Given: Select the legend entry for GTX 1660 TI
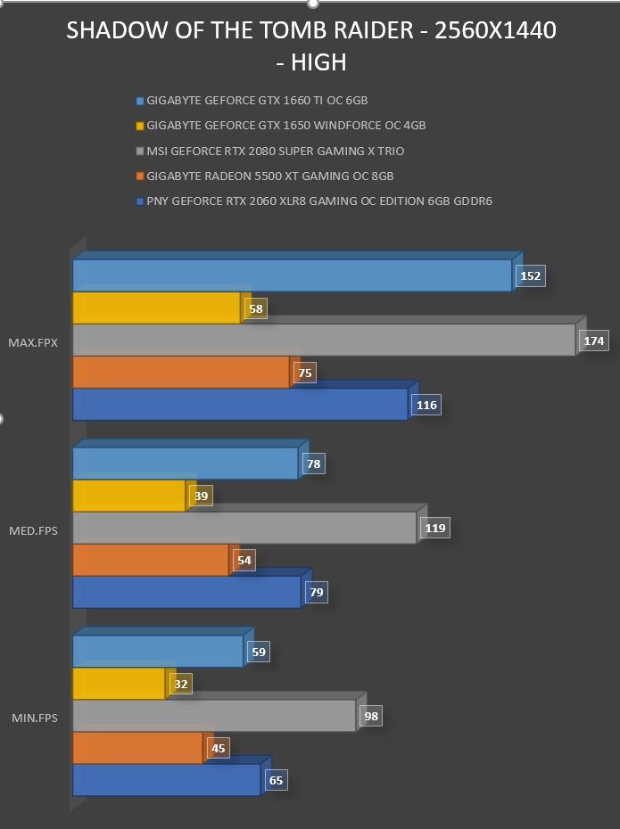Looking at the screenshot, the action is tap(252, 101).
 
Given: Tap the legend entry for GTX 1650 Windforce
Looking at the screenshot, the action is tap(281, 126).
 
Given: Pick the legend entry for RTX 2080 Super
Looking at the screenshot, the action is tap(270, 152).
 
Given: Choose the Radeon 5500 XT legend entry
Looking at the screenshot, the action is tap(265, 176).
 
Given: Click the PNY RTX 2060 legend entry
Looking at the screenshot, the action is tap(314, 201).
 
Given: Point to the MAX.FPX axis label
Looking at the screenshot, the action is tap(33, 342).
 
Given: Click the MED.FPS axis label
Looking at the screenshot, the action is tap(33, 530).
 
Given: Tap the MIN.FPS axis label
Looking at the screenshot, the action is tap(35, 718).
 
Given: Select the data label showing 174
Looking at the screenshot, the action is tap(594, 341).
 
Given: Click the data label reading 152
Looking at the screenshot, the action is tap(531, 276).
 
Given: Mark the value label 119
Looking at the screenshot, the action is tap(435, 529).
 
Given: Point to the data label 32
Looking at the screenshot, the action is tap(181, 684).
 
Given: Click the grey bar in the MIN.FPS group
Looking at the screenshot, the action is tap(214, 715).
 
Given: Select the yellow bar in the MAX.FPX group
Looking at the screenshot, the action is tap(157, 308).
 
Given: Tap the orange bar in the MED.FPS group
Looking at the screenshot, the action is tap(151, 560).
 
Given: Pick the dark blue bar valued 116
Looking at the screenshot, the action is tap(240, 405).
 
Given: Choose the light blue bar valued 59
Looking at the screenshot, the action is tap(158, 651).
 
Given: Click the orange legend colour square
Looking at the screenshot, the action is tap(140, 176).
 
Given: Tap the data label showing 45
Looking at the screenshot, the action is tap(218, 749).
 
